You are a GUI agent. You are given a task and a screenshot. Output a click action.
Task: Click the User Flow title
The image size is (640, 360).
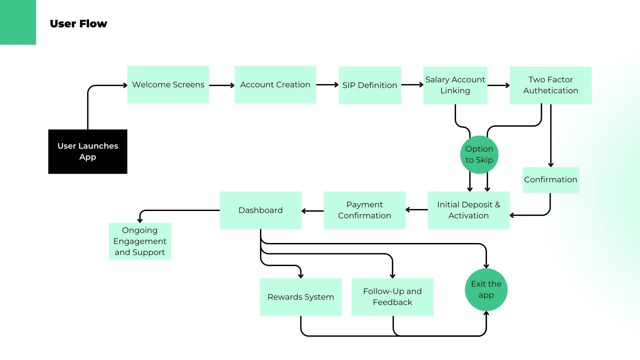(78, 24)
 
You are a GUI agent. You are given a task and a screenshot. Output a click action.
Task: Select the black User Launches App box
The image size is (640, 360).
(88, 152)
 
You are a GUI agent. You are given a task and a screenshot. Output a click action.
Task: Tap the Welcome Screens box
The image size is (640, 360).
(168, 85)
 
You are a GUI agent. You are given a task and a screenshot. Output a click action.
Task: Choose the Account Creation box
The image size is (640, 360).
(275, 85)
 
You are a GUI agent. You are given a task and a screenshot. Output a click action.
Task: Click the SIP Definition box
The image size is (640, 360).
(370, 85)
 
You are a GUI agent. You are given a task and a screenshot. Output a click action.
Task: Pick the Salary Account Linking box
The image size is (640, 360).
(455, 85)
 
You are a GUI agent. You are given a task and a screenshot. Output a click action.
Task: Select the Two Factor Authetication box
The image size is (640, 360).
(551, 85)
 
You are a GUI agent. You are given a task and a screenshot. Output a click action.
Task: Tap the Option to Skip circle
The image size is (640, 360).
(479, 155)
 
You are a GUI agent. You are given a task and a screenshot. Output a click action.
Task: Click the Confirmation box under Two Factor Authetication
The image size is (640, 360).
(551, 180)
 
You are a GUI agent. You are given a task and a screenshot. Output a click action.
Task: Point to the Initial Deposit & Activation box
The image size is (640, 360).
(469, 210)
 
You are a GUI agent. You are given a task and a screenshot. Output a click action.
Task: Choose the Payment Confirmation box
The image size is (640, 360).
(365, 210)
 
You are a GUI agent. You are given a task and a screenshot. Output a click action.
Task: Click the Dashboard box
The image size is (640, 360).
(261, 210)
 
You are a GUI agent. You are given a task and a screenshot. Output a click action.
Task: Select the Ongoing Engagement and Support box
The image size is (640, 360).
(140, 241)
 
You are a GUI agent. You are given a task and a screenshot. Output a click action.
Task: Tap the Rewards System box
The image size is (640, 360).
(301, 297)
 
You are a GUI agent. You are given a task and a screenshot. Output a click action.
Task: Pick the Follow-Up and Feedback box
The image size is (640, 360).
(392, 297)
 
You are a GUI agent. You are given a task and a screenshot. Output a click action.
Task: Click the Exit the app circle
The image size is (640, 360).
(486, 290)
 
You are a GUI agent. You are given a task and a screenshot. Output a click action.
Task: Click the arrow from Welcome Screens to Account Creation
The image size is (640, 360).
(222, 85)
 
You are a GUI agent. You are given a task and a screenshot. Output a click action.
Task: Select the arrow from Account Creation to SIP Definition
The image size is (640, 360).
(327, 85)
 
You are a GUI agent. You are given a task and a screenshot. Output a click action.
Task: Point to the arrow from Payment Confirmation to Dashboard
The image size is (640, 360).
(313, 211)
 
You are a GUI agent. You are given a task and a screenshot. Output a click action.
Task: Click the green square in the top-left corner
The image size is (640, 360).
(18, 22)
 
